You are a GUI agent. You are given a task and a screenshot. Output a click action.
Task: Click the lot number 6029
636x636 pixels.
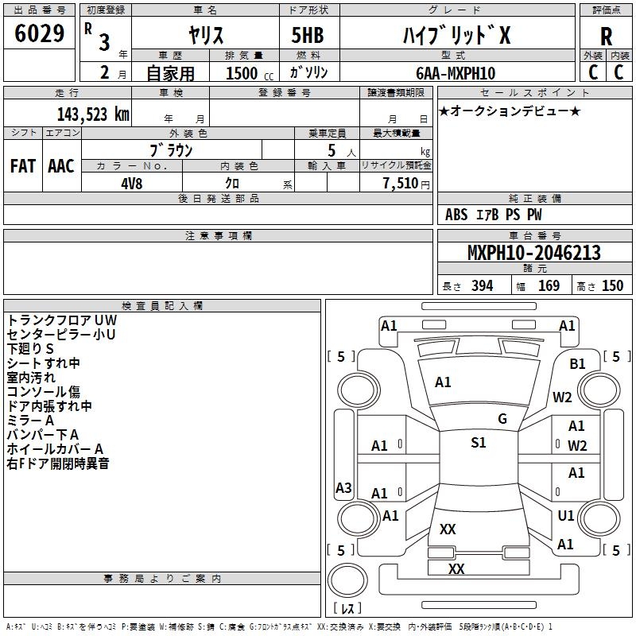click(x=39, y=33)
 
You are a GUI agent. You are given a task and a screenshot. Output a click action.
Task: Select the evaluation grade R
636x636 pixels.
click(x=606, y=37)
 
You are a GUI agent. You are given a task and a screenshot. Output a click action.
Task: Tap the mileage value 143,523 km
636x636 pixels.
click(x=93, y=114)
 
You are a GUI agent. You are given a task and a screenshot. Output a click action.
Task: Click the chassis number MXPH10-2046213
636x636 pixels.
click(x=533, y=253)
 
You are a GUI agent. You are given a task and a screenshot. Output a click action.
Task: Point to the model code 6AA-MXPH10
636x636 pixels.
click(x=456, y=73)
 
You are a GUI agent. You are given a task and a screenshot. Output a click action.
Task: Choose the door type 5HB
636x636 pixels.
click(x=308, y=35)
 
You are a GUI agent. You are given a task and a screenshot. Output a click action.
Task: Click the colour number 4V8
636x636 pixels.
click(x=131, y=184)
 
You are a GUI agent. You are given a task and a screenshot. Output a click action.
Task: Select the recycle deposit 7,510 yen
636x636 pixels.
click(x=406, y=184)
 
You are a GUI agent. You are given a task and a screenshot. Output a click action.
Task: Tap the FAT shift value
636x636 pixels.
click(x=23, y=166)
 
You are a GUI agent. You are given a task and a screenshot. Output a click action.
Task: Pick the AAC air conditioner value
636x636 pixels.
click(x=61, y=166)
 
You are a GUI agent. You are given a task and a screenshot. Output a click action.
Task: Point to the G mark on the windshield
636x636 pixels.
click(x=502, y=419)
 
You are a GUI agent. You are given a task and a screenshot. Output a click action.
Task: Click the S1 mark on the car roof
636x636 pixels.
click(x=479, y=443)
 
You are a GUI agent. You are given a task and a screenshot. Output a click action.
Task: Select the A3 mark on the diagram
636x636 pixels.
click(x=343, y=487)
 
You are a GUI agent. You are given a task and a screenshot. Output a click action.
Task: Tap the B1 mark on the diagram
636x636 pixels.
click(x=577, y=364)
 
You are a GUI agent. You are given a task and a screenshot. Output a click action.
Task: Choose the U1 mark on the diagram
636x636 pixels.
click(x=566, y=515)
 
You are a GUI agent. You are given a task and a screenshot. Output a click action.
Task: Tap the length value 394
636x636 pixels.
click(x=483, y=286)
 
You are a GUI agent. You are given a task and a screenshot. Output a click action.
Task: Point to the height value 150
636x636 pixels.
click(x=612, y=286)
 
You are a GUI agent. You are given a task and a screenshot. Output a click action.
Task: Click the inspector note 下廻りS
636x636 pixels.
click(x=30, y=349)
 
